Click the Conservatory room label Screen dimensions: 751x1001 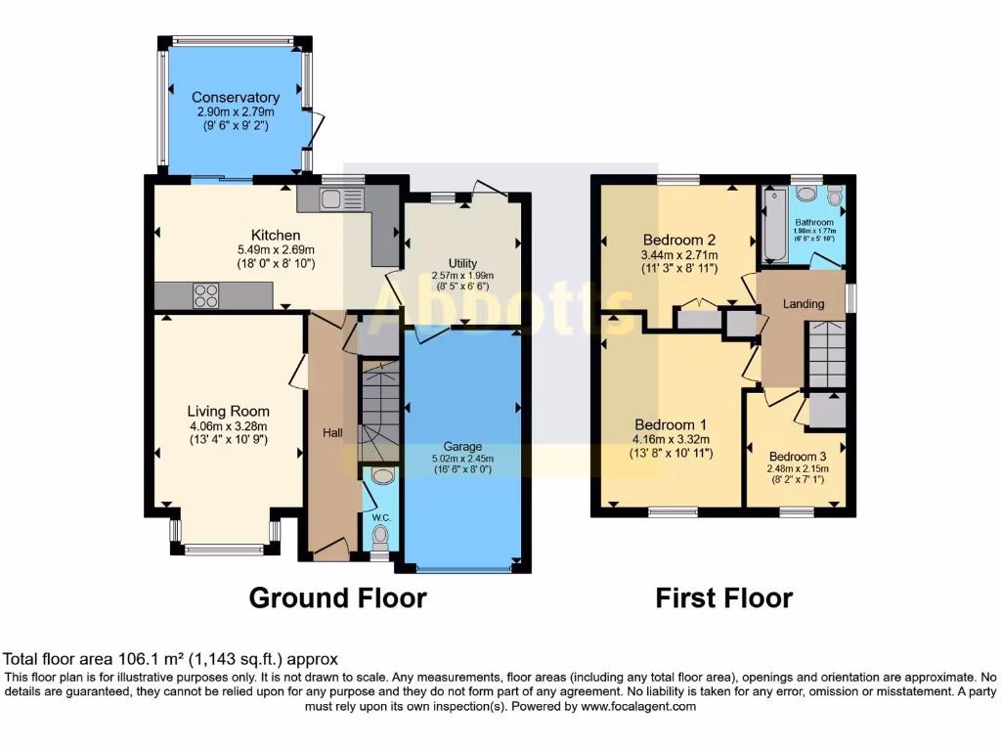(235, 98)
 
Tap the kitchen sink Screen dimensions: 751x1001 (330, 199)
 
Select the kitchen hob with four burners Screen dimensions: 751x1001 (206, 295)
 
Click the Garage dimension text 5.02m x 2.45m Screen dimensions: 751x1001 (462, 458)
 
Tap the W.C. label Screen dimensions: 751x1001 (380, 507)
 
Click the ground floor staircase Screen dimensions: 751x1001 (379, 411)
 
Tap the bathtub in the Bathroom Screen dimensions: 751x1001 (775, 226)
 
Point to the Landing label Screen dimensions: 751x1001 (804, 303)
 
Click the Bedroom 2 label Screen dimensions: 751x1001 (674, 240)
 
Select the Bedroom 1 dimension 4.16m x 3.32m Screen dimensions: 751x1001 (672, 440)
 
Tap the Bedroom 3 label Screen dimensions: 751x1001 (797, 457)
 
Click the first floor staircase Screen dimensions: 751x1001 (825, 355)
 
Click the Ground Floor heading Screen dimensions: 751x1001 (337, 597)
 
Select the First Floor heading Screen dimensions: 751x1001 (723, 597)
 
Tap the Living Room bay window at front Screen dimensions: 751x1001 (224, 550)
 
